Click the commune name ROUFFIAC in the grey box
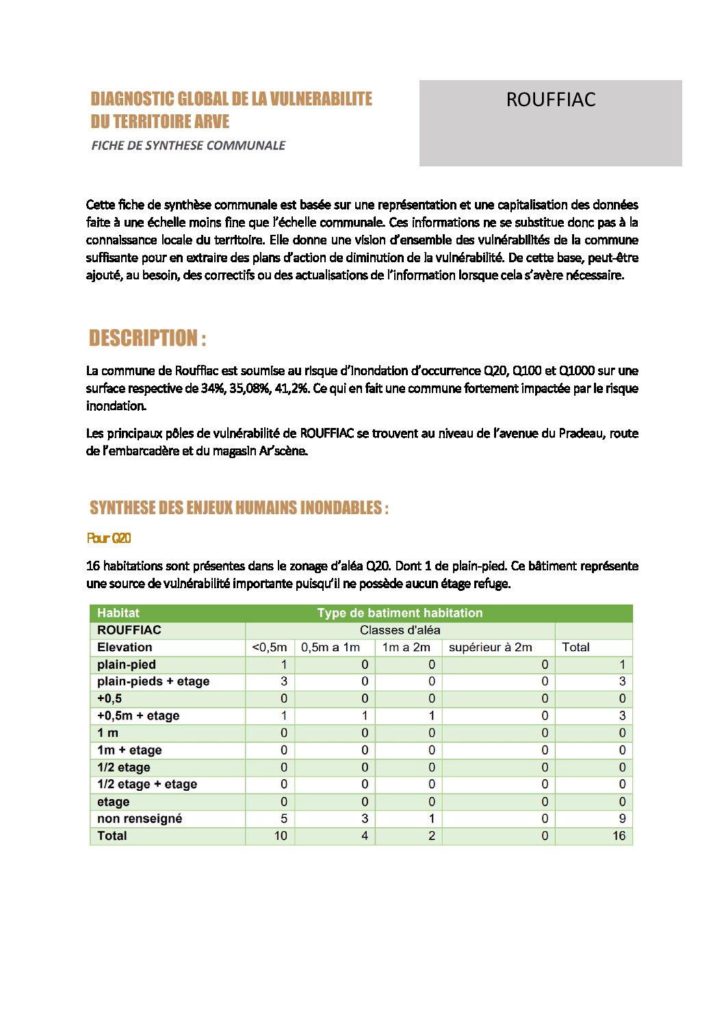[x=550, y=100]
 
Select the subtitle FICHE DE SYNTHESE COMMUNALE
[x=188, y=145]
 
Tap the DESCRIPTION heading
[x=147, y=338]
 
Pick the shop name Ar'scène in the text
[x=283, y=451]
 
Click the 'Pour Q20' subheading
[x=109, y=538]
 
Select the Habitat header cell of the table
[x=118, y=613]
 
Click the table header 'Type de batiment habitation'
[x=400, y=613]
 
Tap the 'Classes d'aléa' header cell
[x=400, y=630]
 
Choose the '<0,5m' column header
[x=270, y=647]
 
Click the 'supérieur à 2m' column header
[x=490, y=647]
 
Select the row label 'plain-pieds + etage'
[x=153, y=681]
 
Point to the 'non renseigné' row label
[x=140, y=818]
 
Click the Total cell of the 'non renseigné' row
[x=621, y=818]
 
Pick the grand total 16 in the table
[x=619, y=836]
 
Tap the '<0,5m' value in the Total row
[x=281, y=836]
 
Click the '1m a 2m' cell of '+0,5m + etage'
[x=431, y=716]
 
